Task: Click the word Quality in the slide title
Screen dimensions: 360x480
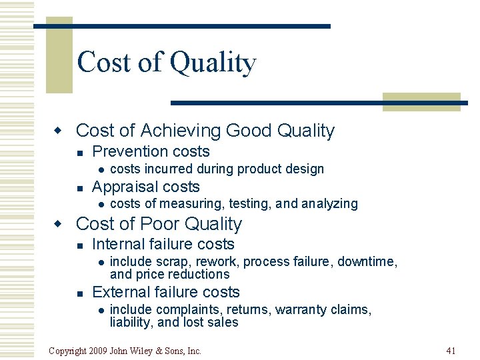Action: click(213, 63)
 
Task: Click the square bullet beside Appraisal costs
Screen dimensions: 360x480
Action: click(79, 187)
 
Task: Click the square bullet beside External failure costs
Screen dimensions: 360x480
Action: click(79, 293)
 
